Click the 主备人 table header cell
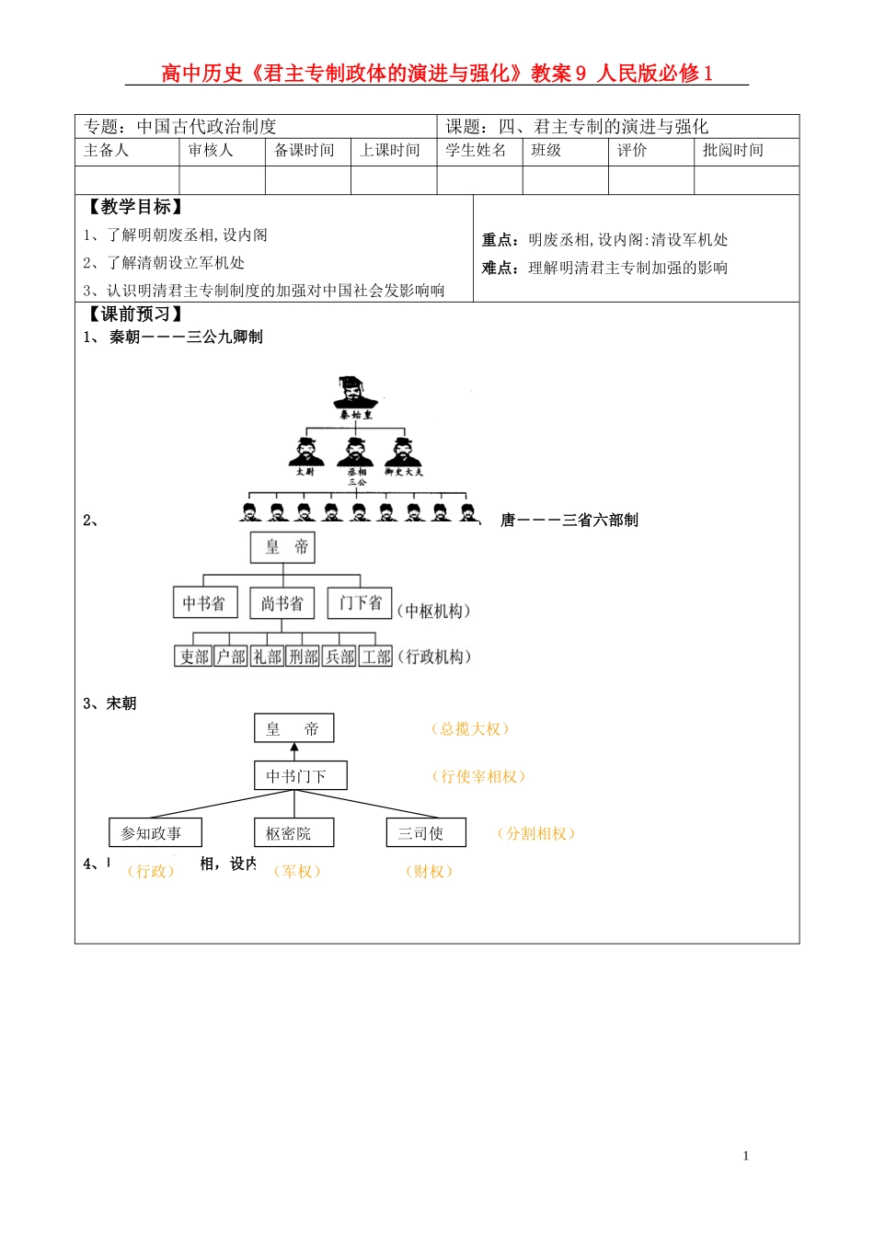click(107, 151)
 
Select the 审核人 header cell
click(211, 151)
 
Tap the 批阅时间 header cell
click(733, 151)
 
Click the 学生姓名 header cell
click(477, 151)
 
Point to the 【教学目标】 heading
click(135, 207)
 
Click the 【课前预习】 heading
click(135, 315)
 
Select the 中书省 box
click(204, 603)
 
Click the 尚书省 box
click(282, 603)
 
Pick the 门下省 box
click(360, 603)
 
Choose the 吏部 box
click(194, 657)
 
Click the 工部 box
click(376, 657)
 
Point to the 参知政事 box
click(155, 833)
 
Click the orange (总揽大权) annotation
click(470, 729)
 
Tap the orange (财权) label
click(429, 872)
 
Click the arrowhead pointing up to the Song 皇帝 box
click(294, 748)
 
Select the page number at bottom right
click(745, 1156)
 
